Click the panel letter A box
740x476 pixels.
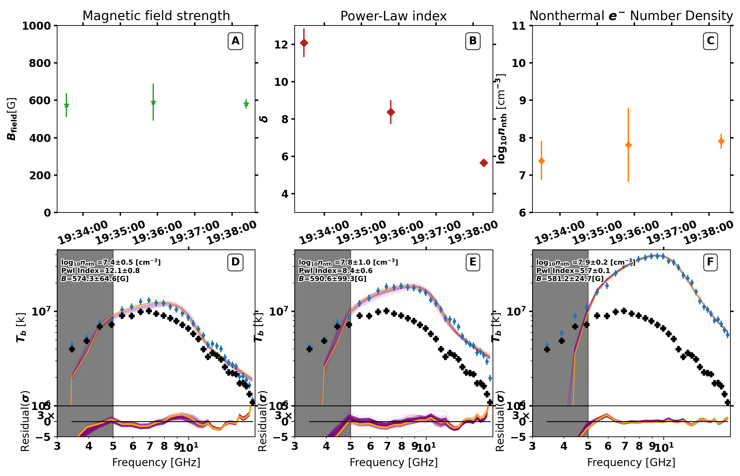point(235,41)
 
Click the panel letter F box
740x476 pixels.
point(710,262)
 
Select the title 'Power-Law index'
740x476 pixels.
point(393,16)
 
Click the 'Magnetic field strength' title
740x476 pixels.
point(156,16)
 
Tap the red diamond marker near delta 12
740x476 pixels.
point(304,43)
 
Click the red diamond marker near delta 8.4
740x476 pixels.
point(390,112)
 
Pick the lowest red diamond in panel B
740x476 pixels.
point(484,163)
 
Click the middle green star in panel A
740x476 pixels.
point(153,102)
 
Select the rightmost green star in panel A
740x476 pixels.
point(246,104)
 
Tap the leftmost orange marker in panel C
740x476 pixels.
point(541,161)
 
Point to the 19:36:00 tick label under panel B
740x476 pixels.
point(398,233)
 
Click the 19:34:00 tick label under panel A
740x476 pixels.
point(83,233)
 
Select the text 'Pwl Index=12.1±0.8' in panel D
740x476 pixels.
point(100,271)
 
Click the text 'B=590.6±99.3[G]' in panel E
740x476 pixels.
point(332,279)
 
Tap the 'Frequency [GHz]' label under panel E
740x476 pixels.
point(394,462)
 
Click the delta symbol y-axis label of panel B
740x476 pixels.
point(264,119)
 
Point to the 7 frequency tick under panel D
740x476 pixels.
point(150,446)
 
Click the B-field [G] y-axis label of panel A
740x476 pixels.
point(11,119)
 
